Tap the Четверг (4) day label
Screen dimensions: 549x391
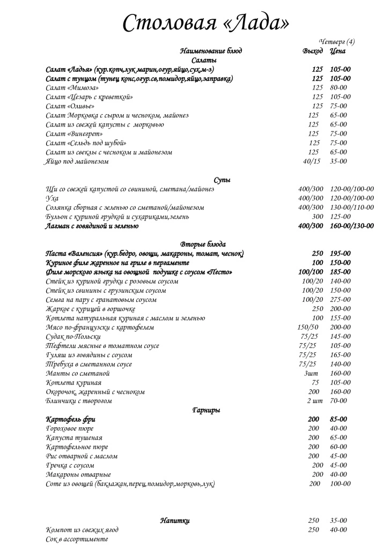[x=337, y=42]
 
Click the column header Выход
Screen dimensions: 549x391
[x=313, y=51]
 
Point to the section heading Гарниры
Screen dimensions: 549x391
[x=206, y=410]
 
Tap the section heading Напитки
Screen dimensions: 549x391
[x=175, y=521]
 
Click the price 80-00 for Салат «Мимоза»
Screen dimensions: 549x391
[x=338, y=87]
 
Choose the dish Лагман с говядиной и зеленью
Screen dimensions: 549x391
[x=92, y=226]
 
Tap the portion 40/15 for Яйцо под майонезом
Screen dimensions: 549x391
[x=311, y=161]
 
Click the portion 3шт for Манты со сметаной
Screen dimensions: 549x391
[x=311, y=374]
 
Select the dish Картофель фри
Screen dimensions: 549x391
[x=71, y=419]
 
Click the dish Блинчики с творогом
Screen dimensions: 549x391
[x=79, y=401]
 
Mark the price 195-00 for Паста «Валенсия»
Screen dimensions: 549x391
[x=340, y=254]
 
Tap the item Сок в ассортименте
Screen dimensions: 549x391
[x=77, y=539]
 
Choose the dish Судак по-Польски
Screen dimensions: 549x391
[x=73, y=337]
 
